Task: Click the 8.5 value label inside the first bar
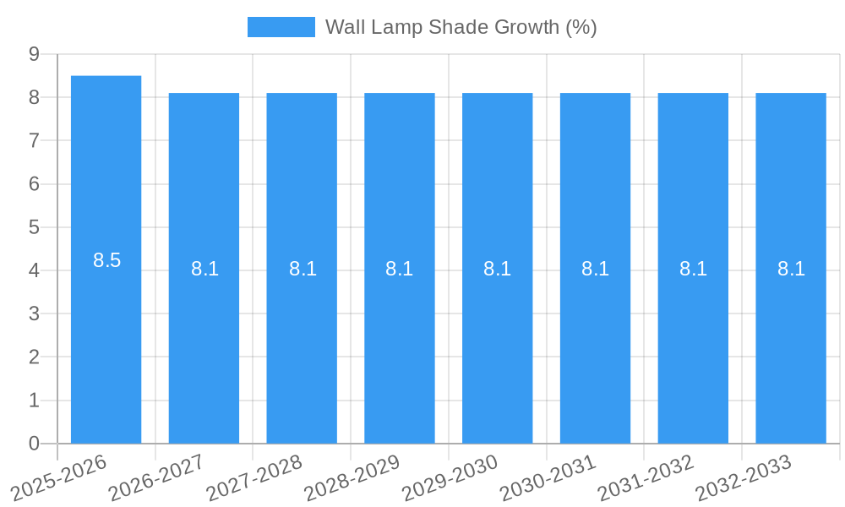click(x=107, y=260)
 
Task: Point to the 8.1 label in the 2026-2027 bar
click(x=204, y=269)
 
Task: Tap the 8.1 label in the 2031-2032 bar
click(x=693, y=269)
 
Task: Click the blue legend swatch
click(x=281, y=27)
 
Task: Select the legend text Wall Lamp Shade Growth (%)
click(x=461, y=27)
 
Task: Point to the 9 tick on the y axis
click(x=34, y=54)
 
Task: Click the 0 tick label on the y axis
click(x=34, y=444)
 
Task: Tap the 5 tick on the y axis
click(x=34, y=227)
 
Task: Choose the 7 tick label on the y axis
click(x=34, y=140)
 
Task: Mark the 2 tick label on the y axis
click(x=34, y=357)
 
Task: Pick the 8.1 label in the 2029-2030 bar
click(x=497, y=269)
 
